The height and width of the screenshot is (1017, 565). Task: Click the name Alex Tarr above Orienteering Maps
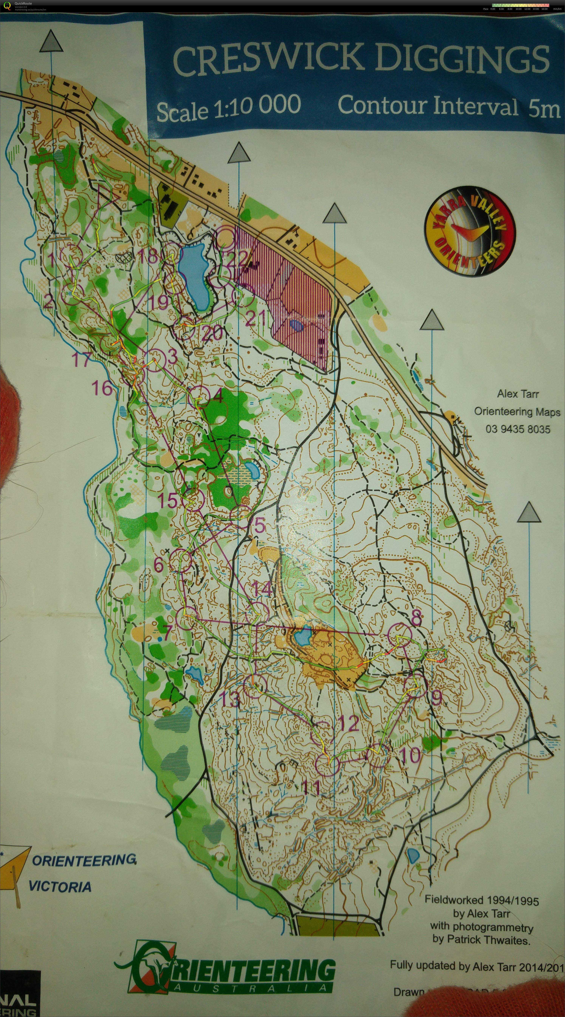518,394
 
